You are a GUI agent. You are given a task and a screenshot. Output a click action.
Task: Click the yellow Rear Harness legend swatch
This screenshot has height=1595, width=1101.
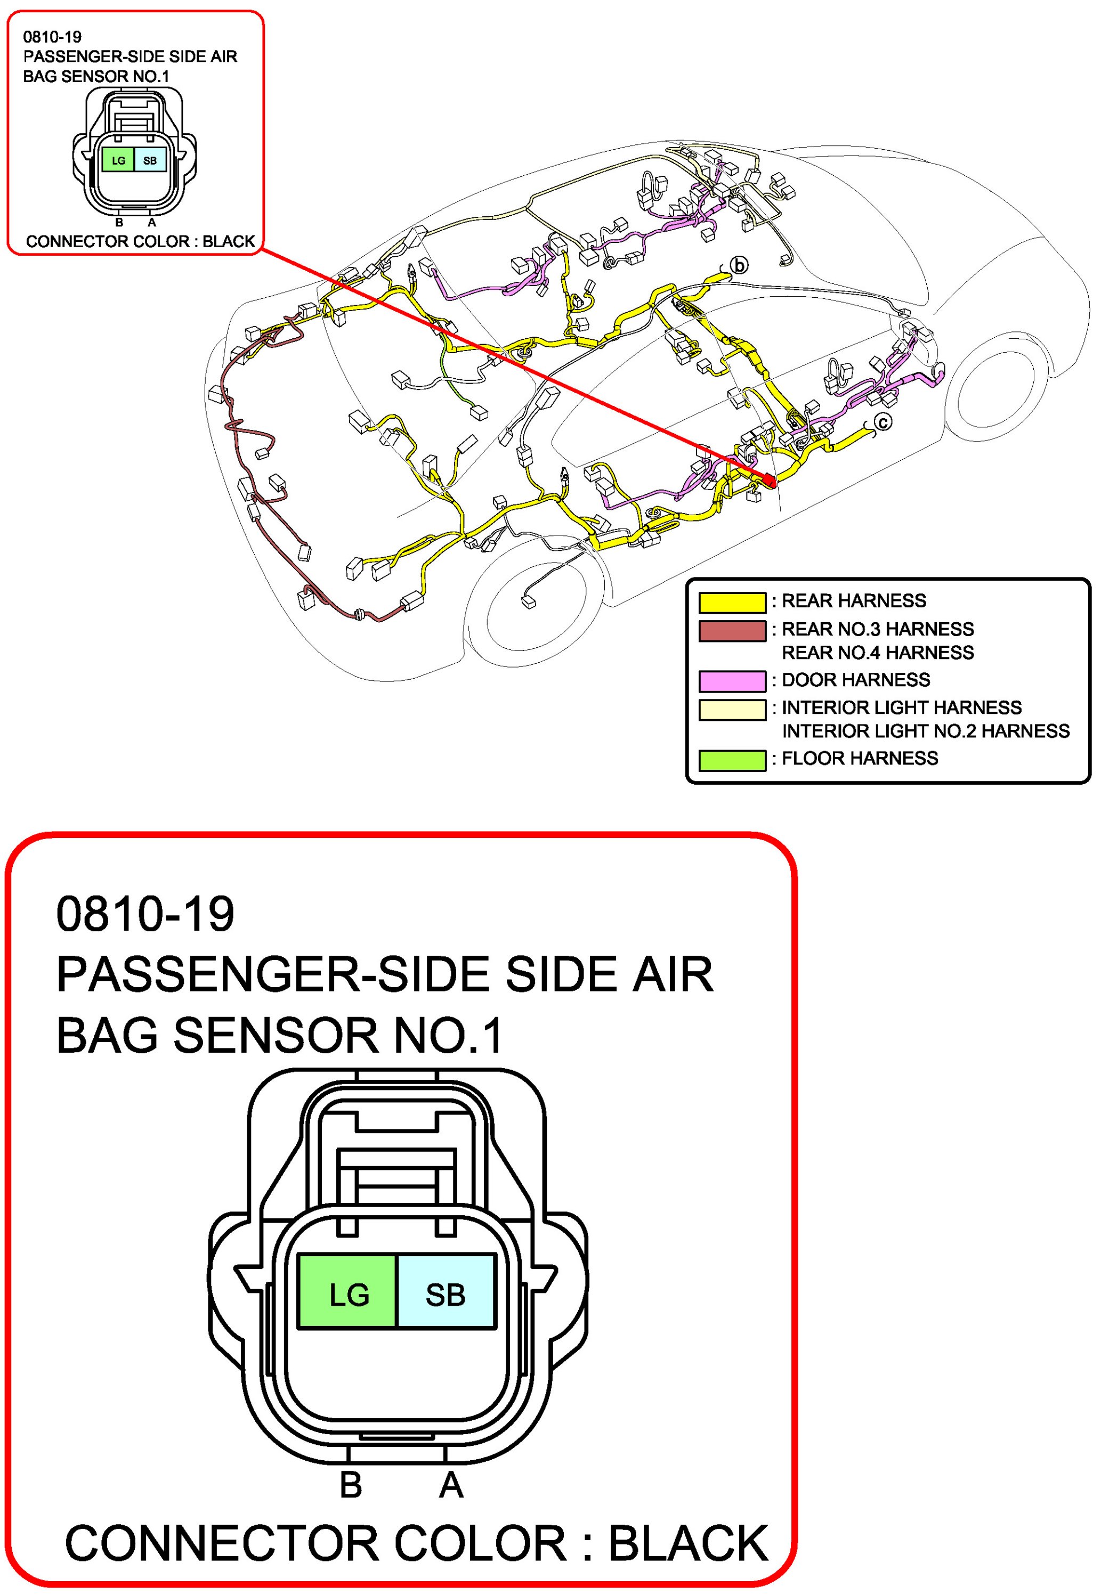click(x=732, y=602)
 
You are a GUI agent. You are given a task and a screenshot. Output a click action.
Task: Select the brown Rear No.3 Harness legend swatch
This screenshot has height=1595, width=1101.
click(x=732, y=630)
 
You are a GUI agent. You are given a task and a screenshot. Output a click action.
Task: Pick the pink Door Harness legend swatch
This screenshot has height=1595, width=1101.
click(x=732, y=681)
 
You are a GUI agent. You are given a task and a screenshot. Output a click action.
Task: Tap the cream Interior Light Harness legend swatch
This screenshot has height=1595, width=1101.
click(x=732, y=709)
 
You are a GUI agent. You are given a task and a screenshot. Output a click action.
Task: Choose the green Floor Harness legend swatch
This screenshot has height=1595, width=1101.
click(x=732, y=759)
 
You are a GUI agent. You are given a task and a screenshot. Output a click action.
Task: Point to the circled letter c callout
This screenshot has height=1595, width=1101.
click(x=883, y=421)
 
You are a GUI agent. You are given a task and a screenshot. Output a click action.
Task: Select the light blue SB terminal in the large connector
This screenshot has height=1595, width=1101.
click(x=446, y=1295)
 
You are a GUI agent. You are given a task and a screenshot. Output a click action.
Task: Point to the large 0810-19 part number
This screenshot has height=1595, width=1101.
click(x=145, y=914)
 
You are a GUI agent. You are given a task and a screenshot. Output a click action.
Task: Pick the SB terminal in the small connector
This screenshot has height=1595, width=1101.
click(x=150, y=161)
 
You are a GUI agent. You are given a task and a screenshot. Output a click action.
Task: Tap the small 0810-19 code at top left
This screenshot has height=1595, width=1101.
click(x=52, y=37)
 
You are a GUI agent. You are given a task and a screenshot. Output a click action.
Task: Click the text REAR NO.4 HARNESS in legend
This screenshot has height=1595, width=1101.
click(x=878, y=653)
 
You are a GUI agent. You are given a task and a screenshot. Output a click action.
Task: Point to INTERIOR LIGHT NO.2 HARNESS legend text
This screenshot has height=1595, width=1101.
click(x=925, y=731)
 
